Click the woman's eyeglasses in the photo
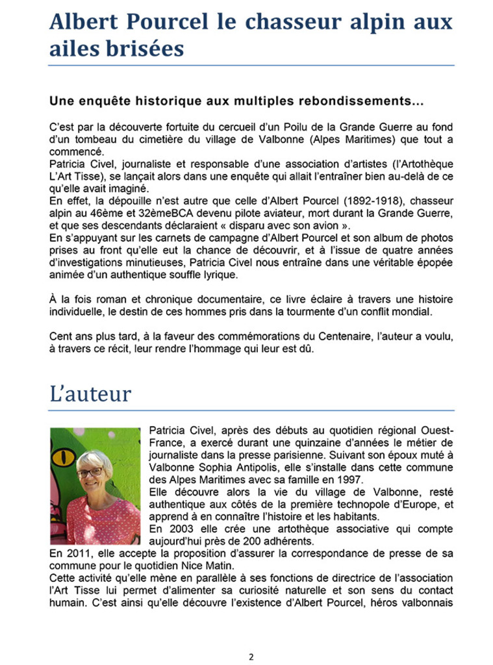tap(89, 472)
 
